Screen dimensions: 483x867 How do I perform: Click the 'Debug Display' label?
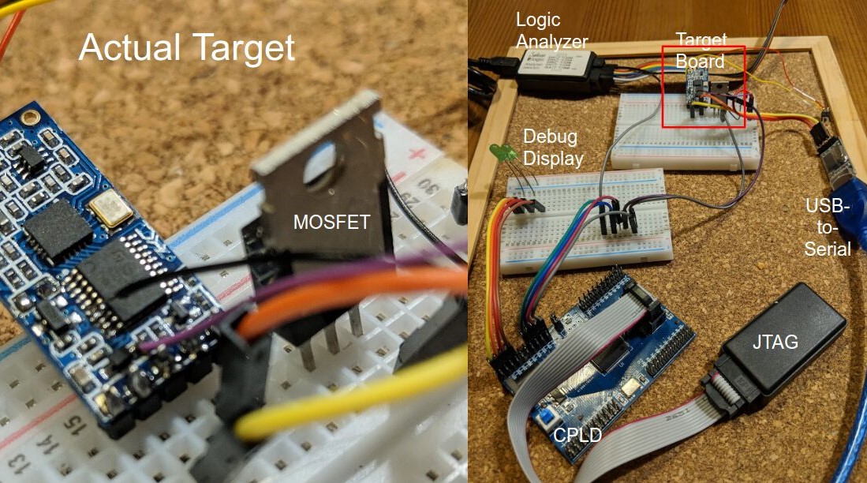click(551, 147)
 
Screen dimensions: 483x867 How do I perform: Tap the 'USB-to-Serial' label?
click(828, 227)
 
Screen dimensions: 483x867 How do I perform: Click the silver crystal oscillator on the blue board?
click(105, 207)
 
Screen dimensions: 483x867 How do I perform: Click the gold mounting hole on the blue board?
click(29, 119)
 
